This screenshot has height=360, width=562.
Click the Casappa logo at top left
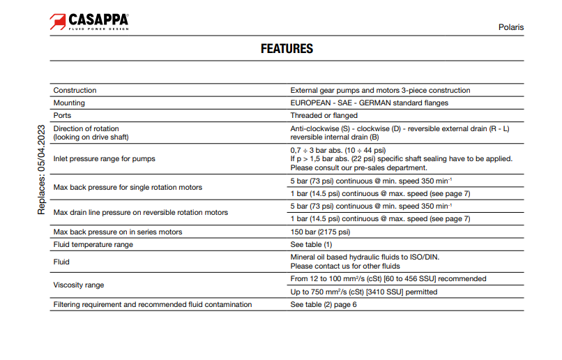[89, 22]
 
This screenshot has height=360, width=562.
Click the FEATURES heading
[287, 49]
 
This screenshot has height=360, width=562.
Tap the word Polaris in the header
[510, 27]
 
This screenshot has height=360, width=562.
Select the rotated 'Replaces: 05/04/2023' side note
[41, 170]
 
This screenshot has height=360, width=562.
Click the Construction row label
[75, 90]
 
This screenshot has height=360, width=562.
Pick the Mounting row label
[69, 103]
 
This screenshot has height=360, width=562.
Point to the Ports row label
[63, 115]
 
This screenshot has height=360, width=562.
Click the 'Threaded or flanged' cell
[324, 115]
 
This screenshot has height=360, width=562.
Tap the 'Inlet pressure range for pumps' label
[105, 158]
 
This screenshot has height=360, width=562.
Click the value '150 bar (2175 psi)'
[320, 232]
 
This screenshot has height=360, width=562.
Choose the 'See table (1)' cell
[311, 244]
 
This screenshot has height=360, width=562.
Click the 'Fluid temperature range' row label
[93, 244]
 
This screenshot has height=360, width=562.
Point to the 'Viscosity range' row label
[79, 285]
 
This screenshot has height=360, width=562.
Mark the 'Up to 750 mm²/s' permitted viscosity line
[364, 292]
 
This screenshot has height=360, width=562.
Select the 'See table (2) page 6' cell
[324, 304]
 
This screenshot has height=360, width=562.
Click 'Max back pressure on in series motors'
[118, 232]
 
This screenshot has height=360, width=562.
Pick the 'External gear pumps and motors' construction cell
[380, 90]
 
